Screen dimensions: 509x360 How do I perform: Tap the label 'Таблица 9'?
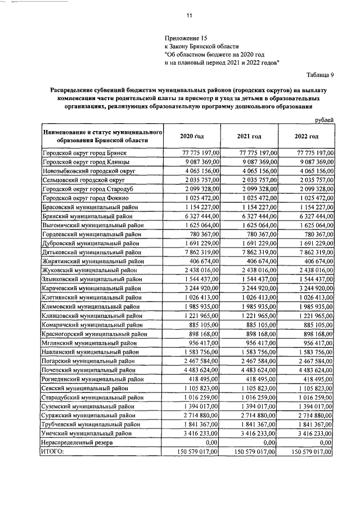pyautogui.click(x=319, y=74)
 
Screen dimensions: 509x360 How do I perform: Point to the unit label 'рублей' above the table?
pyautogui.click(x=323, y=119)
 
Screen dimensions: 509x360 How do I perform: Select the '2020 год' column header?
pyautogui.click(x=191, y=136)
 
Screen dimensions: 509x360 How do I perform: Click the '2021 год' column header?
pyautogui.click(x=249, y=136)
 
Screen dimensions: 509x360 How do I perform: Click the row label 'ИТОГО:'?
pyautogui.click(x=53, y=451)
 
